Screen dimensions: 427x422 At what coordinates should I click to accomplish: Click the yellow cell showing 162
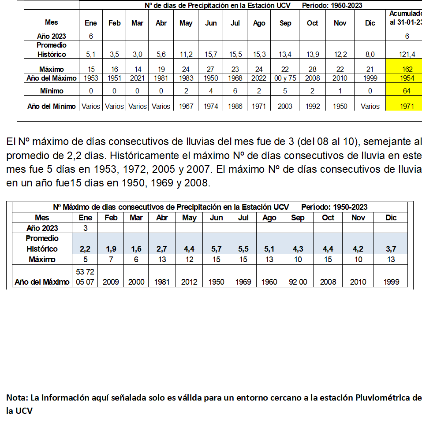(x=407, y=69)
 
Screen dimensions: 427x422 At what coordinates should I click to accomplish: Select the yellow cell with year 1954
(x=407, y=78)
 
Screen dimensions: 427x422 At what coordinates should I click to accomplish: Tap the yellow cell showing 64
(x=407, y=91)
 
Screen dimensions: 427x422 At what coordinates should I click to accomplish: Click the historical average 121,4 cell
(x=407, y=54)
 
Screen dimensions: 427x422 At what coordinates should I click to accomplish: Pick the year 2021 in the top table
(x=137, y=78)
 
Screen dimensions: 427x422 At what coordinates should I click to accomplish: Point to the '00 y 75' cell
(x=285, y=78)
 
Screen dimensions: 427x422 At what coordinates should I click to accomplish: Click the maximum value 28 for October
(x=312, y=69)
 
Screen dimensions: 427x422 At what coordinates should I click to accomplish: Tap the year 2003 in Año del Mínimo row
(x=285, y=106)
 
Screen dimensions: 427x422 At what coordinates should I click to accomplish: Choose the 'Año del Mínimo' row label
(x=51, y=106)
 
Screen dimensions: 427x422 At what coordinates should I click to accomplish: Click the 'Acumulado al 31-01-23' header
(x=405, y=18)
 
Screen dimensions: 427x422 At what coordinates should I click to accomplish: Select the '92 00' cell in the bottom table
(x=298, y=282)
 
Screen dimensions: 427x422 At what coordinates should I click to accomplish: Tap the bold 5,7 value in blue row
(x=216, y=249)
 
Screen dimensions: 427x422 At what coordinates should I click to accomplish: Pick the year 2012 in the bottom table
(x=189, y=282)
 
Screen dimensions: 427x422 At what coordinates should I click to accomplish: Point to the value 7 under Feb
(x=111, y=260)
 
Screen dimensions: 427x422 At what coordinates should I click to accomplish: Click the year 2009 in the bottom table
(x=111, y=282)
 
